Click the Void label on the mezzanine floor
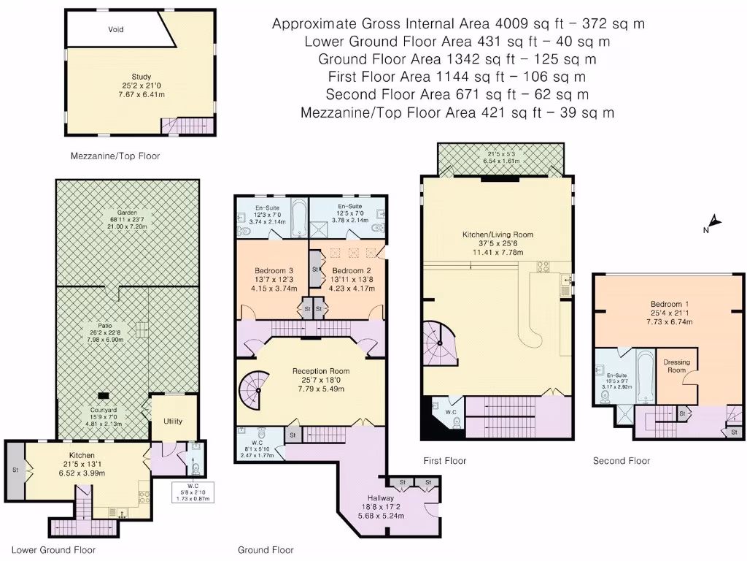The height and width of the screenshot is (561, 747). tap(116, 30)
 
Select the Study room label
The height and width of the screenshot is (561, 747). tap(141, 76)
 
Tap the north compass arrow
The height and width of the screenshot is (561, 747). tap(713, 224)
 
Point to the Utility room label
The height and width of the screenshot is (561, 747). tap(173, 421)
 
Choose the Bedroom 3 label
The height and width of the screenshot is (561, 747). tap(264, 270)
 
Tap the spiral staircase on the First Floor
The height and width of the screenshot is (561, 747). tap(441, 343)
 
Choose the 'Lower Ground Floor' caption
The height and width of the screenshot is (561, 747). tap(53, 550)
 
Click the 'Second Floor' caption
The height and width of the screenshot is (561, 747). tap(621, 461)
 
